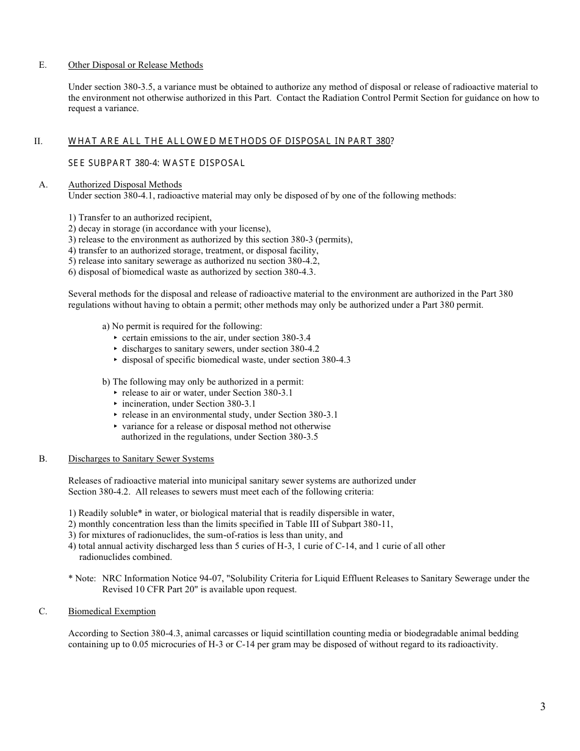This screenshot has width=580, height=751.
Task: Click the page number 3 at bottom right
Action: (543, 707)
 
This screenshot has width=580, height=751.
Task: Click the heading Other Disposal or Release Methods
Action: (136, 65)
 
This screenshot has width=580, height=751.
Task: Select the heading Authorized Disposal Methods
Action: (125, 184)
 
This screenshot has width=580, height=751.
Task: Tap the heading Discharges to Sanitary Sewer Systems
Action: (141, 459)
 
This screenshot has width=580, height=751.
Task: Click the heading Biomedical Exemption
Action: (112, 611)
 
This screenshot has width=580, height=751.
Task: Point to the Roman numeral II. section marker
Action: (38, 141)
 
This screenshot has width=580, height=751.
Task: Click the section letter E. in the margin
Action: (42, 65)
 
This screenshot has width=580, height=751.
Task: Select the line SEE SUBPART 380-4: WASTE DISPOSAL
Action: (156, 163)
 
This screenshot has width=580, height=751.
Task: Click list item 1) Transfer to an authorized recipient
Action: (140, 217)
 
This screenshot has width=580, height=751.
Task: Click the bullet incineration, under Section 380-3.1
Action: (189, 404)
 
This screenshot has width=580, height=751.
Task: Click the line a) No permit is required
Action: (182, 327)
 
